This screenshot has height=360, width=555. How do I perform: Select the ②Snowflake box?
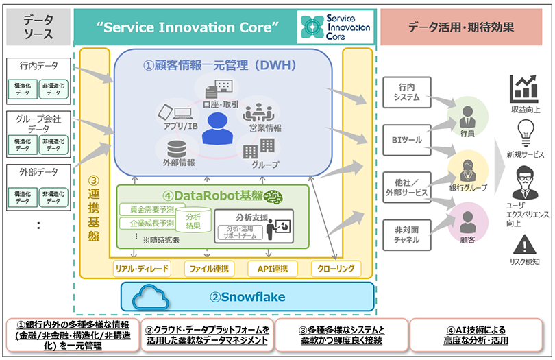[x=247, y=296]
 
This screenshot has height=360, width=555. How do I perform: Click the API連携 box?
[x=272, y=268]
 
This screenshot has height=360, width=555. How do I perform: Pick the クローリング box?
[x=336, y=268]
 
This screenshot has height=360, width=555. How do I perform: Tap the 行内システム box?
[x=406, y=93]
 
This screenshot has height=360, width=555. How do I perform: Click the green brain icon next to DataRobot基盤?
[x=275, y=196]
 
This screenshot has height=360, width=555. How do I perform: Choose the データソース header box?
[x=38, y=27]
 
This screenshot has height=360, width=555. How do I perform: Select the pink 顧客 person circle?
[x=469, y=227]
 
